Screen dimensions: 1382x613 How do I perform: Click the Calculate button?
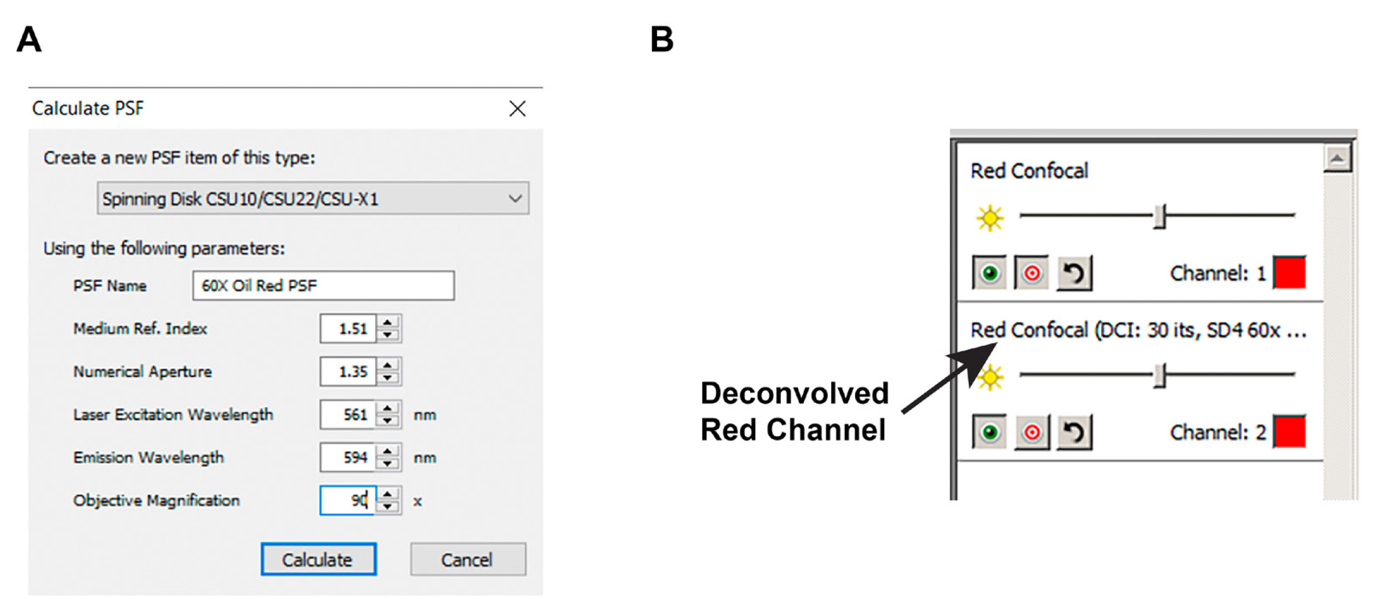319,559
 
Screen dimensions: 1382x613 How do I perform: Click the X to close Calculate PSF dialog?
517,108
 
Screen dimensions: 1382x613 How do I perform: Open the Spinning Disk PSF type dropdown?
313,199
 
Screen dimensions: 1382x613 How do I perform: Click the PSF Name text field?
323,285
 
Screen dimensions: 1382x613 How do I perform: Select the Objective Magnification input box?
348,501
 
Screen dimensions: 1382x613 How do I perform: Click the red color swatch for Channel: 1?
1290,272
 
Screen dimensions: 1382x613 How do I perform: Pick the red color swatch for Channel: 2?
1290,431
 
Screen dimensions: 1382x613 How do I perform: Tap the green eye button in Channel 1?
989,273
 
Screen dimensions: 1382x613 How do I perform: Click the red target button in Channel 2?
1032,432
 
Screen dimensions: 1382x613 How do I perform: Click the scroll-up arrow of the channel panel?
1337,158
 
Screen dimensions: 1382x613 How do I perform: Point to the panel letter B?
662,39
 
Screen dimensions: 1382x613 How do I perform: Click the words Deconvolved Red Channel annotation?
794,412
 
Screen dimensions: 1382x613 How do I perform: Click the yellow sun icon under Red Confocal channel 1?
989,218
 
